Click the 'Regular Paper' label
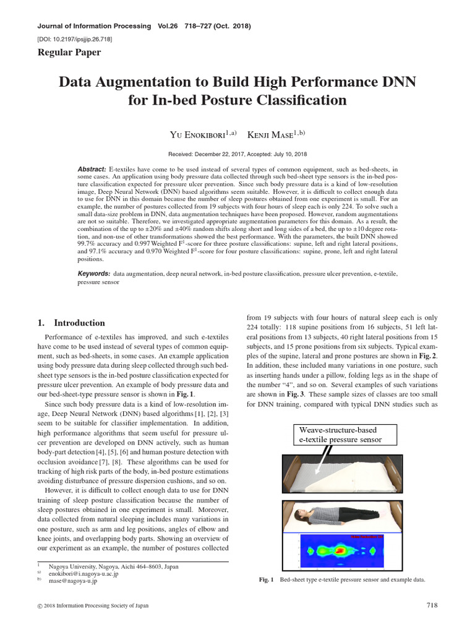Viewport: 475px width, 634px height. click(x=69, y=53)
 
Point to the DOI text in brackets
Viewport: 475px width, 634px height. click(x=75, y=39)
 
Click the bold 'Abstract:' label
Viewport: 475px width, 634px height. click(x=92, y=169)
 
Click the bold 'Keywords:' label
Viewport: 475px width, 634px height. click(x=94, y=273)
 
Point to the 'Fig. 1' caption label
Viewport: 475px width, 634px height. click(x=266, y=580)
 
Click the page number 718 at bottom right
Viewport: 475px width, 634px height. click(x=432, y=605)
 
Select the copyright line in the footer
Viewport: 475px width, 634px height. click(x=93, y=606)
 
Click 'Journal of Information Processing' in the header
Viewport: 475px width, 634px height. click(x=94, y=26)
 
